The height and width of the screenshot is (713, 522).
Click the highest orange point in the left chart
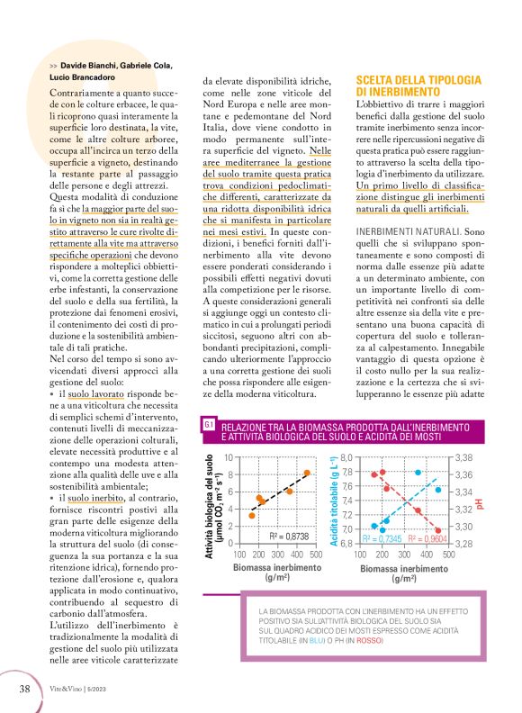point(307,473)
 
